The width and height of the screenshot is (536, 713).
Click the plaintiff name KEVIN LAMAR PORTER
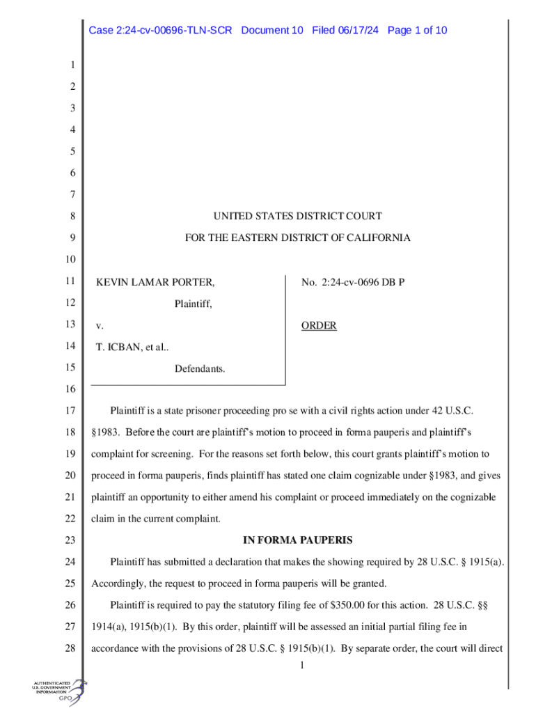coord(155,283)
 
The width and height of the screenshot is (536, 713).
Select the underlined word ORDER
coord(319,326)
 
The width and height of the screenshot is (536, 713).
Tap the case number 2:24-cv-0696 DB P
coord(353,283)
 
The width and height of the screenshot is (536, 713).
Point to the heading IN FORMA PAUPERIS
coord(297,540)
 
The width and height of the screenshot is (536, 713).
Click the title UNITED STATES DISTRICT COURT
coord(297,217)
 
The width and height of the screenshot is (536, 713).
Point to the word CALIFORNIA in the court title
coord(378,238)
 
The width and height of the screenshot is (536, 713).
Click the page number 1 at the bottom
coord(301,667)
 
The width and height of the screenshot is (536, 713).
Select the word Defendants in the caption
coord(200,368)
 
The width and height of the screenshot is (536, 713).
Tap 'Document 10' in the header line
coord(272,31)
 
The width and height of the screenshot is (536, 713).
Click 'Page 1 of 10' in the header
coord(417,31)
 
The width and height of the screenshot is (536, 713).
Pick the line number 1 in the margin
coord(71,66)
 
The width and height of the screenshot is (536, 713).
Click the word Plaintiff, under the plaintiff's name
coord(193,304)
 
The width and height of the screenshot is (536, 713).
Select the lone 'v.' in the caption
coord(99,326)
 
